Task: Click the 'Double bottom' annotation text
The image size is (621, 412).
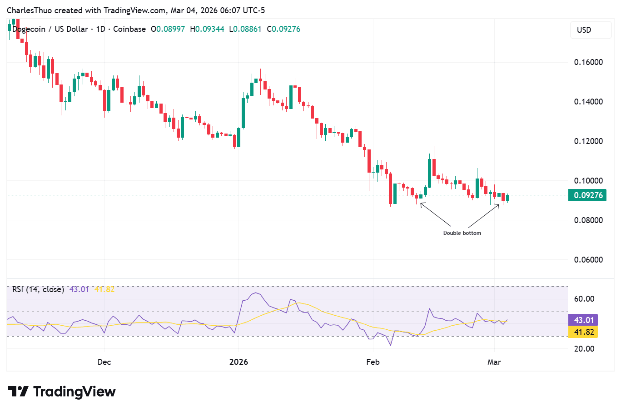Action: coord(462,233)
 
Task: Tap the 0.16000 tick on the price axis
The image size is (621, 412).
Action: coord(588,62)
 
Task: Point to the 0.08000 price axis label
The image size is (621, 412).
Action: coord(588,220)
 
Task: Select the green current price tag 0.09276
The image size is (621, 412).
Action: coord(587,195)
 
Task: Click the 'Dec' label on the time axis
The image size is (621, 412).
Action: coord(104,362)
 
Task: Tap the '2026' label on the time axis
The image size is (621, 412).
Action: coord(238,362)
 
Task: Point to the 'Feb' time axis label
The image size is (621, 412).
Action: coord(373,362)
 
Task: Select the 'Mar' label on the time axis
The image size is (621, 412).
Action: coord(494,362)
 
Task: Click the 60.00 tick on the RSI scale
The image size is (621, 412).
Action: coord(584,299)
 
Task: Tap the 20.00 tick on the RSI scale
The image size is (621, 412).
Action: coord(584,349)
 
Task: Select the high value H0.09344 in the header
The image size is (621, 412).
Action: coord(207,29)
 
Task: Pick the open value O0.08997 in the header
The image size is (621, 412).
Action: coord(168,29)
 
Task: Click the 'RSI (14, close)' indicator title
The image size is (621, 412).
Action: coord(38,289)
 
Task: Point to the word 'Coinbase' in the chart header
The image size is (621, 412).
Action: coord(129,29)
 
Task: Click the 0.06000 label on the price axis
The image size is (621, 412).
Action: coord(588,260)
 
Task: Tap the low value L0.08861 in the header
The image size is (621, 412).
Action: coord(245,29)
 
